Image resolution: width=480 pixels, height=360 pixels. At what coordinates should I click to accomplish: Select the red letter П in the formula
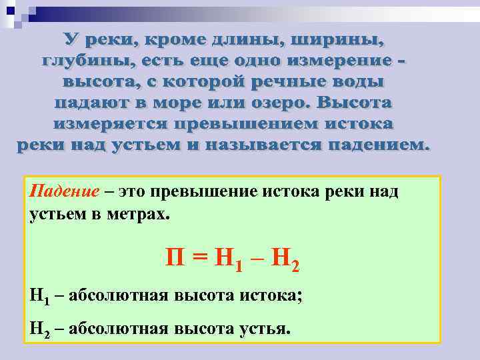click(175, 256)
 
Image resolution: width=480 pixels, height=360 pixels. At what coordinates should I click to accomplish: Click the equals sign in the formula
click(200, 257)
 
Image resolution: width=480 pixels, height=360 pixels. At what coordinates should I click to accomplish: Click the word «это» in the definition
click(133, 191)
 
